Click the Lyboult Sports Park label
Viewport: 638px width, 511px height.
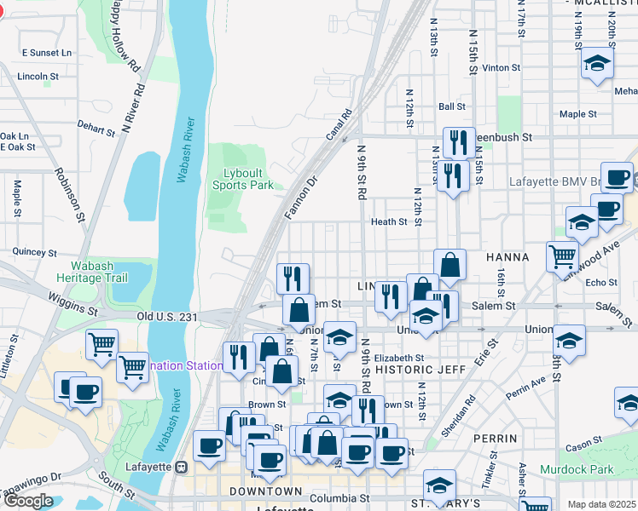[242, 179]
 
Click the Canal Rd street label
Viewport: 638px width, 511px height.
[339, 124]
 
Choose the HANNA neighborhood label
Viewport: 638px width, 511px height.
[507, 256]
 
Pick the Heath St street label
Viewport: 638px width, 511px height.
[389, 221]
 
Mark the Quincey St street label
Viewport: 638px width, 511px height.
[34, 253]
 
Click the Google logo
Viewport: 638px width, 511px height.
[28, 501]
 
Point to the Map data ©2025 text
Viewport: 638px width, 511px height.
[601, 504]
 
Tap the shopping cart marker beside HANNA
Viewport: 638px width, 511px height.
[562, 255]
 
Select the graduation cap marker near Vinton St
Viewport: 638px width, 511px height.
[598, 64]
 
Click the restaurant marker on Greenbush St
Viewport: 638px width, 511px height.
[459, 141]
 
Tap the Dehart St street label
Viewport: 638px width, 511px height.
[96, 130]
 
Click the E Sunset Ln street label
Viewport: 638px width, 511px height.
[47, 52]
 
